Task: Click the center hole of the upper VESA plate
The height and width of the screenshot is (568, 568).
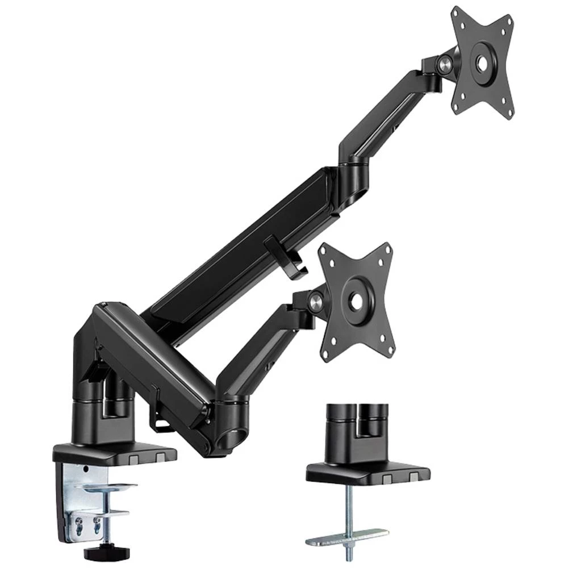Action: pos(482,63)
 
